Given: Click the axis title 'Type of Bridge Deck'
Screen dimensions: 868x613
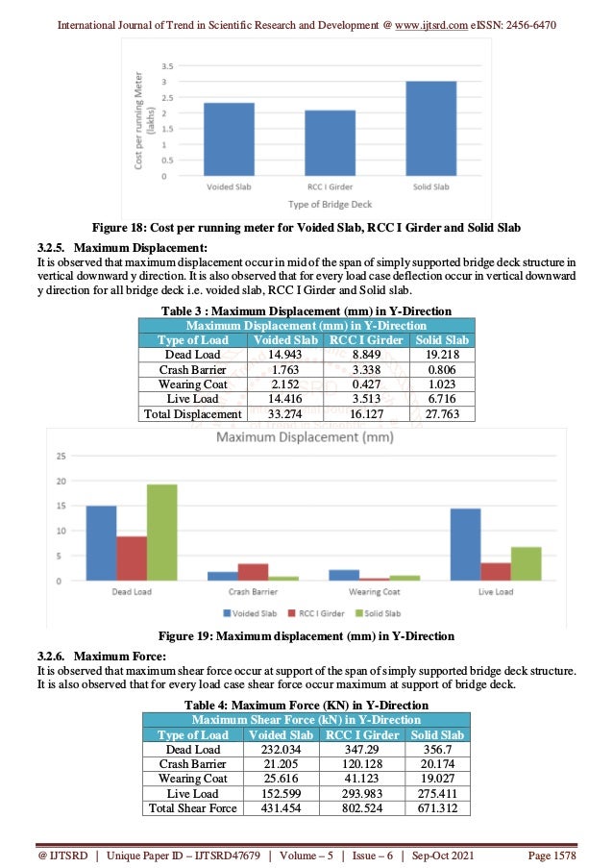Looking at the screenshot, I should click(331, 205).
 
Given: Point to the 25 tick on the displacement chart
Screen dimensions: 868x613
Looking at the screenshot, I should click(60, 456).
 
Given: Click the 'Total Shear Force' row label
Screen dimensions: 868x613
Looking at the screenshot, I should click(193, 808).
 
